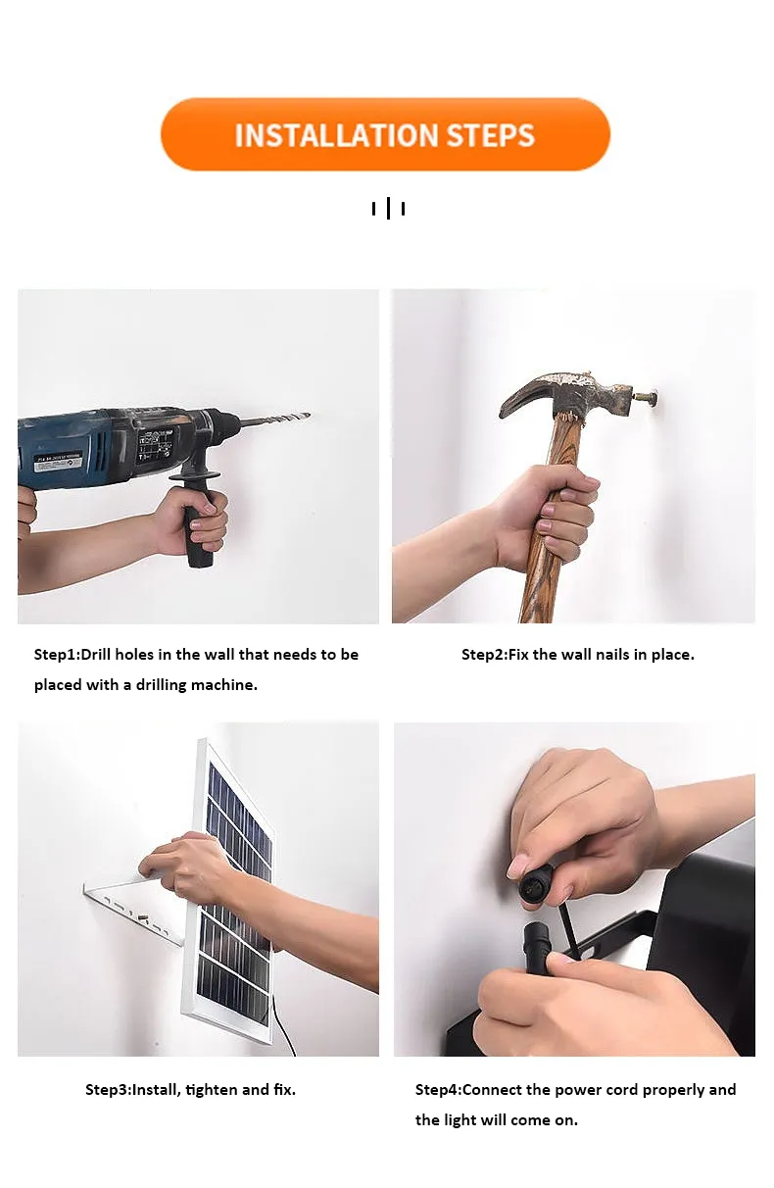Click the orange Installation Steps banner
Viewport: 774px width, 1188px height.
pyautogui.click(x=385, y=134)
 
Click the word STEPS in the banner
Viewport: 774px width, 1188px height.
pyautogui.click(x=490, y=136)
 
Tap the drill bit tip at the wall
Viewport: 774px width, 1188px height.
pyautogui.click(x=309, y=415)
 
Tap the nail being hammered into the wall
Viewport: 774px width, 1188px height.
pyautogui.click(x=646, y=396)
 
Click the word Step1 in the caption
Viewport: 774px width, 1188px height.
pyautogui.click(x=56, y=655)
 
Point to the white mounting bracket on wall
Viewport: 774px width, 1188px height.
pyautogui.click(x=133, y=911)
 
